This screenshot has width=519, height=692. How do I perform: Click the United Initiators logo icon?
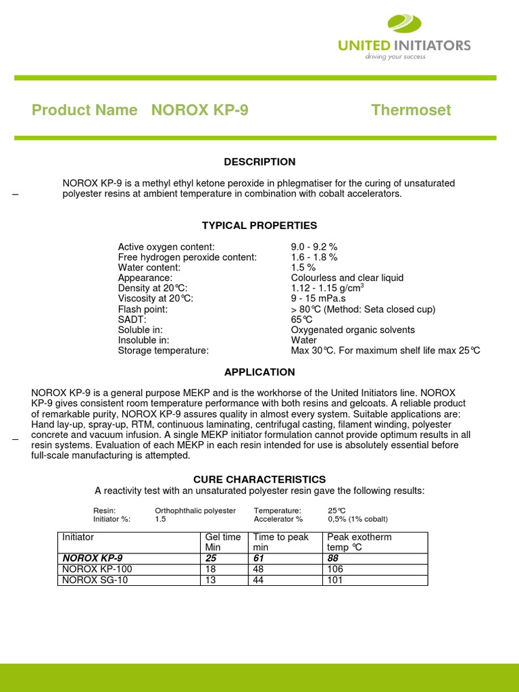(404, 24)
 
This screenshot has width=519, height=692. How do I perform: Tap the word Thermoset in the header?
(411, 110)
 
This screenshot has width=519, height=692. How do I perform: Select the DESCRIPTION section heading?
(259, 162)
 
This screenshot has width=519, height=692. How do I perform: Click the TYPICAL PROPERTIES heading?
(259, 226)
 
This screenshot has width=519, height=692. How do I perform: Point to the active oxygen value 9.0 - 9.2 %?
(314, 247)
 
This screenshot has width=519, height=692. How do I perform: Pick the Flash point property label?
(143, 310)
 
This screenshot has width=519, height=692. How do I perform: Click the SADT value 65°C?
(301, 320)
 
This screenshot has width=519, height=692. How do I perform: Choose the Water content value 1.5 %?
(303, 268)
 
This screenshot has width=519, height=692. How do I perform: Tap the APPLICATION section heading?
(259, 372)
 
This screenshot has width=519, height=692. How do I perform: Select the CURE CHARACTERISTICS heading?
(259, 479)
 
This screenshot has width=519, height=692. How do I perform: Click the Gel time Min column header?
(222, 542)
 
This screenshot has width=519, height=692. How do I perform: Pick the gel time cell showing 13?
(210, 580)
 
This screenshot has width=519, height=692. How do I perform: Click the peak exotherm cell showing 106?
(335, 570)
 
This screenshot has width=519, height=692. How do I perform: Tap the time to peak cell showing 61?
(259, 559)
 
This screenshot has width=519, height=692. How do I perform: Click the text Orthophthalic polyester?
(195, 510)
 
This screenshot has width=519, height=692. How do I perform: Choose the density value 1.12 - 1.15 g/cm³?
(328, 289)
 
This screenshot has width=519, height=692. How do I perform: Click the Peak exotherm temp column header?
(359, 542)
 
